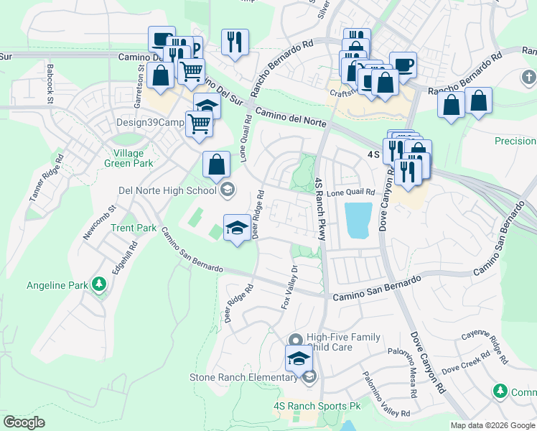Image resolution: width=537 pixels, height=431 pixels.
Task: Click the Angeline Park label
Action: (x=56, y=284)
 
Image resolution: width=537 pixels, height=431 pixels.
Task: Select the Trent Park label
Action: (x=134, y=228)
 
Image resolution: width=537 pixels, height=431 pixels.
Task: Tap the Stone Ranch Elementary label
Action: (x=245, y=377)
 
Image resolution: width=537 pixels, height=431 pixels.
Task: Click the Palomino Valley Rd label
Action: (x=386, y=394)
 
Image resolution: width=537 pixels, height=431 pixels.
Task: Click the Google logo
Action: (x=24, y=422)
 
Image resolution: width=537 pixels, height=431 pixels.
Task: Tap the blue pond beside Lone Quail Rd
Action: (x=358, y=221)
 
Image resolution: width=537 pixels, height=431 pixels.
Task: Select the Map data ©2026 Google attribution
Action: (x=492, y=425)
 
